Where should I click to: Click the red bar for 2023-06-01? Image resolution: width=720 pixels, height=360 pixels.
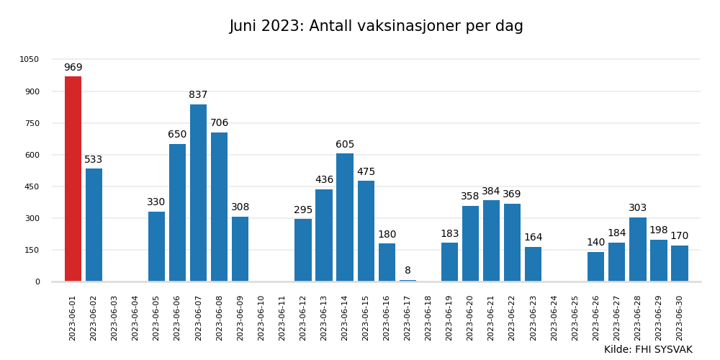click(x=73, y=179)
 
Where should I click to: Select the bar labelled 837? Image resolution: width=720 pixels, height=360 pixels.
click(x=198, y=193)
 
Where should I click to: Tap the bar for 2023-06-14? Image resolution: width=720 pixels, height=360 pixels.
click(x=345, y=217)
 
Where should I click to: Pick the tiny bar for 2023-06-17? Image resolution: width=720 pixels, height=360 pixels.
click(x=408, y=280)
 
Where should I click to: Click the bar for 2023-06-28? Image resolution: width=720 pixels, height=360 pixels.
click(x=638, y=249)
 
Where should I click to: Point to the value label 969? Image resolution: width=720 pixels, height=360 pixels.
click(x=73, y=68)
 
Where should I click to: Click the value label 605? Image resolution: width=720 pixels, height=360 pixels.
click(x=345, y=145)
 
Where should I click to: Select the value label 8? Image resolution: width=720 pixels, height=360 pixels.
click(x=408, y=271)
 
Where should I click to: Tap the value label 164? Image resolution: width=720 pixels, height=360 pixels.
click(x=533, y=238)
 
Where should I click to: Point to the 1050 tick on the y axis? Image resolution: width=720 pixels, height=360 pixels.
click(x=30, y=60)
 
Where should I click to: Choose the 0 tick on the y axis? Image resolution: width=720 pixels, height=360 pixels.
click(x=37, y=282)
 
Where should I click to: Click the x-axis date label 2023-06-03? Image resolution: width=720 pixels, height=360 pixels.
click(x=114, y=318)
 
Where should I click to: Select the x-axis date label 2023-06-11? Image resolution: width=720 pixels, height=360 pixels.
click(x=282, y=318)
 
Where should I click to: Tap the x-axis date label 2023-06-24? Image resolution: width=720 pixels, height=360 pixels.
click(x=554, y=318)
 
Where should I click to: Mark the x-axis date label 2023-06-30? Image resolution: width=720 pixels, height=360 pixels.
click(x=680, y=318)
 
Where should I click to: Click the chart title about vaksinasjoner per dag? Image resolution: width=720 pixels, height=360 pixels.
click(x=376, y=27)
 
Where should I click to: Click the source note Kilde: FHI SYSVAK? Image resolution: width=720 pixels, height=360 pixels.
click(x=648, y=350)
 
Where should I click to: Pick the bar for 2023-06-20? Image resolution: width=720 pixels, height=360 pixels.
click(x=470, y=243)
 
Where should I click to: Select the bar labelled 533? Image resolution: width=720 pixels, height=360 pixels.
click(x=94, y=225)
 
